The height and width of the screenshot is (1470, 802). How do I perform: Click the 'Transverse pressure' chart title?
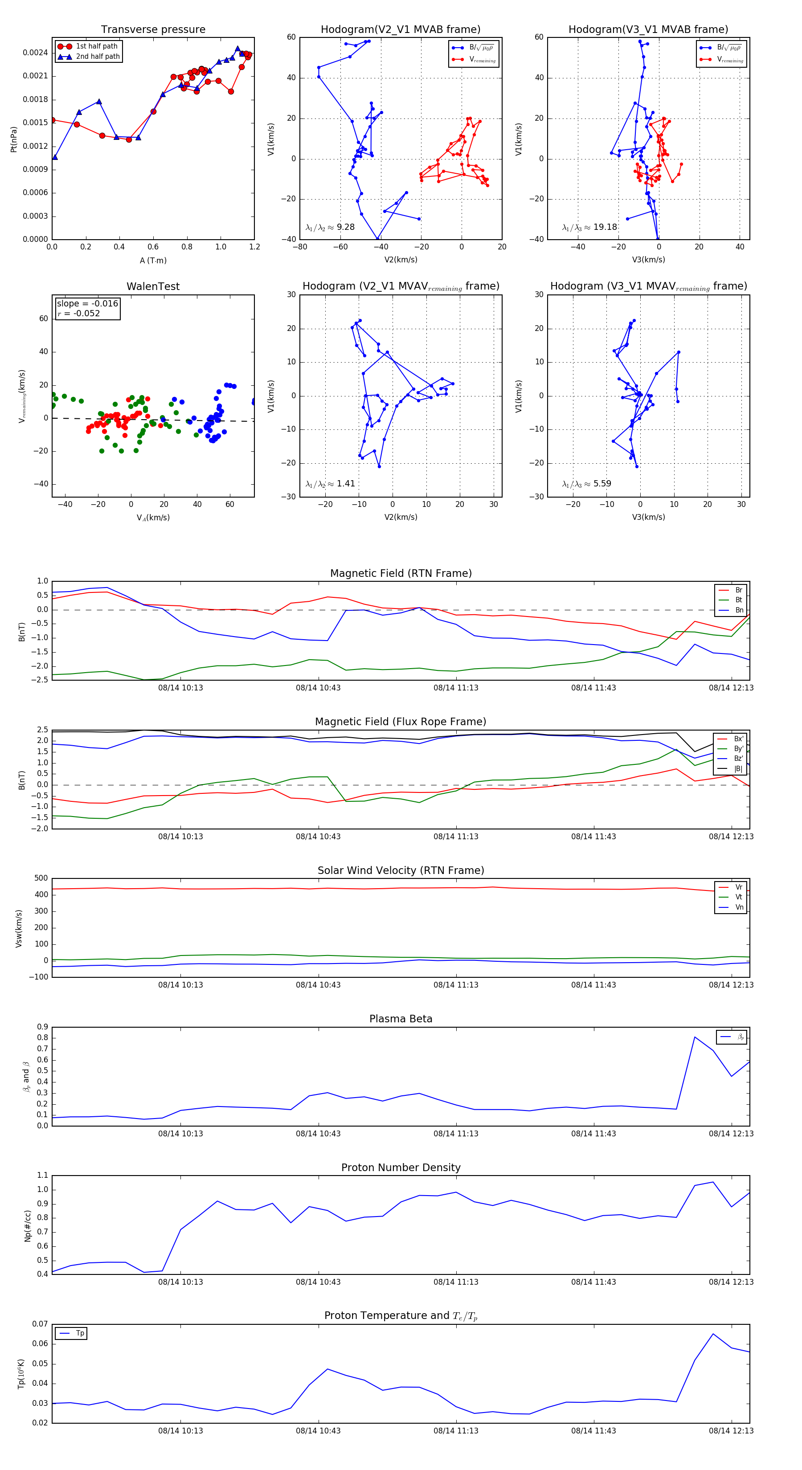[x=153, y=30]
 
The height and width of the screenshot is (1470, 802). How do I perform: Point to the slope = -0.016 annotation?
[x=87, y=304]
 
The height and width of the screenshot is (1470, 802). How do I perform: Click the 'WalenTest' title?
[x=153, y=286]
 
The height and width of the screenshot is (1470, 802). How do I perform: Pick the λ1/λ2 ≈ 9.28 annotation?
[x=330, y=227]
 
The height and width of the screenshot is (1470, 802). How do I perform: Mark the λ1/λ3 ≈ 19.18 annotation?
[x=589, y=227]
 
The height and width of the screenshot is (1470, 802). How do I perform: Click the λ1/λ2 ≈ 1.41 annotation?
[x=330, y=484]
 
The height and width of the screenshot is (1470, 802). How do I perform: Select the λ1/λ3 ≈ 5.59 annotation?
[x=586, y=484]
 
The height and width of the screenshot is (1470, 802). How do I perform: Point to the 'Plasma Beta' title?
[x=401, y=1019]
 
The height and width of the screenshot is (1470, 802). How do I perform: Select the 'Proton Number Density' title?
[x=401, y=1168]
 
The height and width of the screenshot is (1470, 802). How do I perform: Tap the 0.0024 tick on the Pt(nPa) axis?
[x=35, y=53]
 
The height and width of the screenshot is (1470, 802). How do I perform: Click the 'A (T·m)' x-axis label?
[x=153, y=260]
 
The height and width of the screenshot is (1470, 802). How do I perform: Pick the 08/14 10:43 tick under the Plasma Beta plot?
[x=318, y=1133]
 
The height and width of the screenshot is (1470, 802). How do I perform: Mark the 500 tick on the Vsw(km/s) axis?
[x=41, y=878]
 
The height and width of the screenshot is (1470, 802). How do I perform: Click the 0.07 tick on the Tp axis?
[x=40, y=1324]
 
